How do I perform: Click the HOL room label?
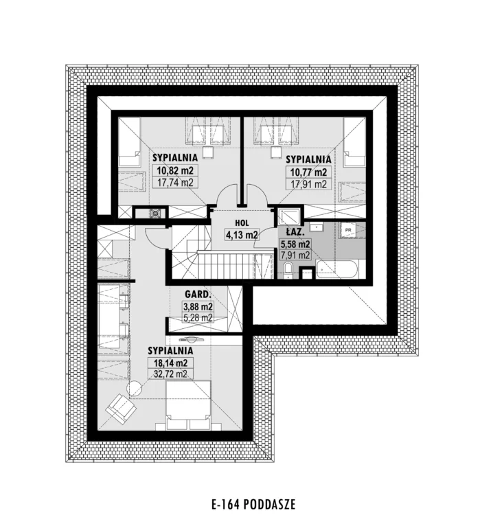242,223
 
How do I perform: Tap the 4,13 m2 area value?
241,235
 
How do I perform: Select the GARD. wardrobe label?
197,295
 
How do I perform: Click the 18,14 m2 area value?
171,363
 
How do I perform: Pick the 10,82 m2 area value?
175,170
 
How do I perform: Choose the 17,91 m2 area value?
308,184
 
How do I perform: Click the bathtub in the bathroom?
336,269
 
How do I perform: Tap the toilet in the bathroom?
288,270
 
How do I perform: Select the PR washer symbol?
348,230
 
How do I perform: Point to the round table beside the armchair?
135,389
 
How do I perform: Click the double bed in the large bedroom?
188,404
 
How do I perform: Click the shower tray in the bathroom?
289,217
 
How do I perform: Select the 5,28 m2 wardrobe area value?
198,318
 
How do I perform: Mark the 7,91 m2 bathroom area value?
295,255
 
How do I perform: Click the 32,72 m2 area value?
171,374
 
